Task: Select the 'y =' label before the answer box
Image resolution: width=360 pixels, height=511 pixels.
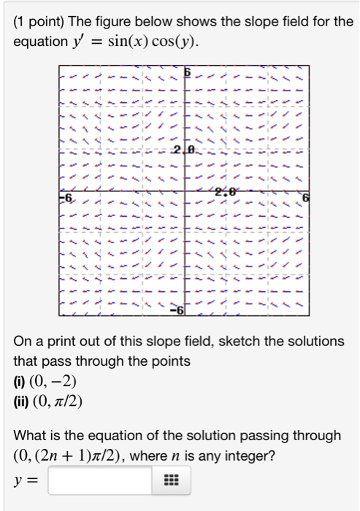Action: (27, 482)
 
